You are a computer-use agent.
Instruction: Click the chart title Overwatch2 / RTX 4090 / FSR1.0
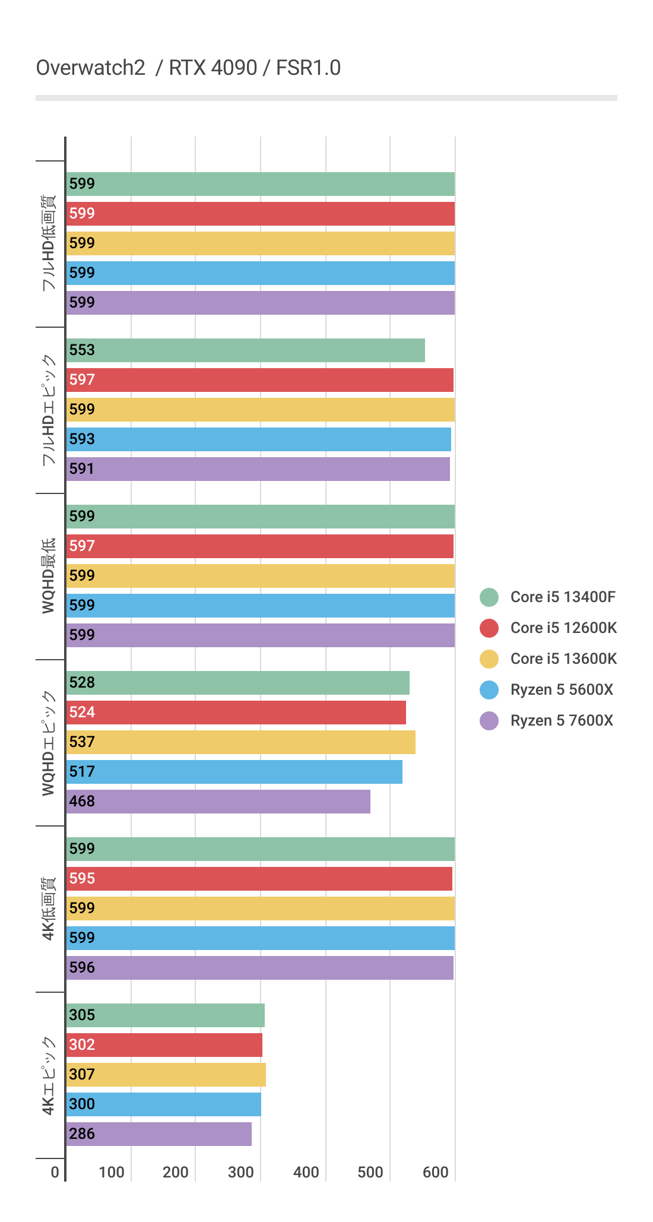pyautogui.click(x=188, y=68)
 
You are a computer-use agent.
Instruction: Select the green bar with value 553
pyautogui.click(x=246, y=350)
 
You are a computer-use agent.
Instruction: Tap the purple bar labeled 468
pyautogui.click(x=218, y=802)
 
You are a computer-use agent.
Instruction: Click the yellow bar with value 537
pyautogui.click(x=241, y=742)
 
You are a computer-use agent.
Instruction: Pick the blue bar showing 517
pyautogui.click(x=234, y=772)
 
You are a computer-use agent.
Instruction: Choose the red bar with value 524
pyautogui.click(x=236, y=713)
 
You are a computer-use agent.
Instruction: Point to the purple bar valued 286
pyautogui.click(x=159, y=1134)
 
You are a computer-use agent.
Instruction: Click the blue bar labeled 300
pyautogui.click(x=164, y=1104)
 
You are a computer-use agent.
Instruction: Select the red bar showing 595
pyautogui.click(x=259, y=879)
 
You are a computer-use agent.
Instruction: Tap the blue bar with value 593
pyautogui.click(x=259, y=439)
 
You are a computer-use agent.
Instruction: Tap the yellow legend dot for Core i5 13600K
pyautogui.click(x=489, y=659)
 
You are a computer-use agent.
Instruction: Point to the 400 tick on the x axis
pyautogui.click(x=306, y=1172)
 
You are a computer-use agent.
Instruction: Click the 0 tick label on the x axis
pyautogui.click(x=55, y=1172)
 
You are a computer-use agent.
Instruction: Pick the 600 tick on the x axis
pyautogui.click(x=436, y=1172)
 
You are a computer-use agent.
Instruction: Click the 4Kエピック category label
pyautogui.click(x=49, y=1075)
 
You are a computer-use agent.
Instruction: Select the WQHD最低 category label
pyautogui.click(x=49, y=576)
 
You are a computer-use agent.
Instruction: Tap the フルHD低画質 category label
pyautogui.click(x=49, y=243)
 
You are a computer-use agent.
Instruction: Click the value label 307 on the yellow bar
pyautogui.click(x=82, y=1075)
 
